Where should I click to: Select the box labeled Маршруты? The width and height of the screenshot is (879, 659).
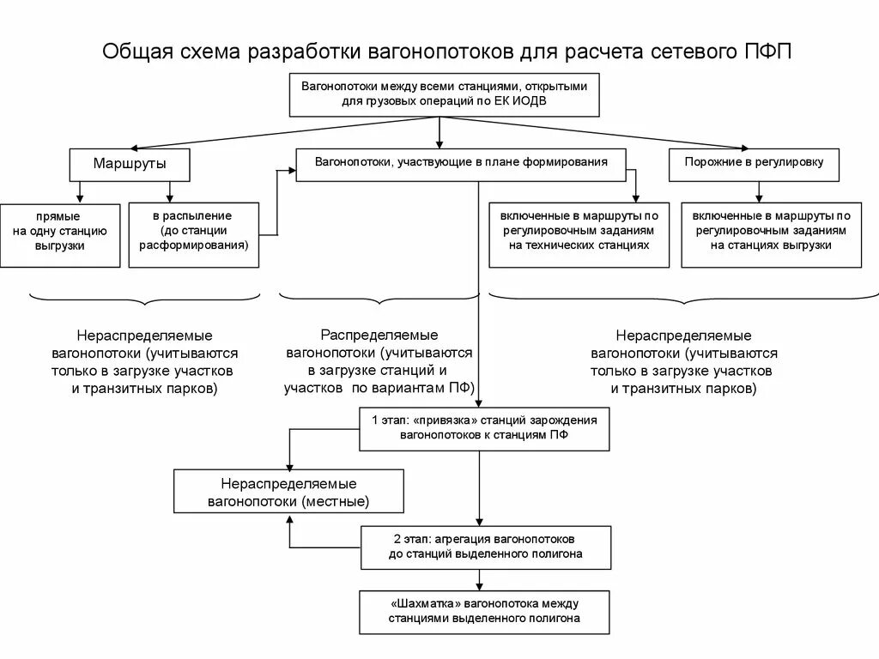pos(130,163)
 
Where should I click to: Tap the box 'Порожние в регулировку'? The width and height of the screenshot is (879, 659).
pos(754,163)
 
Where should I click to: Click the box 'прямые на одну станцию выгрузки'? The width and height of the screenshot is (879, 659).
pos(59,233)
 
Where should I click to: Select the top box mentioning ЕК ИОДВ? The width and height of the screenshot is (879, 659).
pos(444,94)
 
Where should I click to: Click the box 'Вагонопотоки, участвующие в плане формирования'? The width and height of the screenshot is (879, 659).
pos(461,163)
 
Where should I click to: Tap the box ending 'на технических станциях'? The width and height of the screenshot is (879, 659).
pos(579,233)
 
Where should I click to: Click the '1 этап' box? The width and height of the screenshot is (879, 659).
pos(485,429)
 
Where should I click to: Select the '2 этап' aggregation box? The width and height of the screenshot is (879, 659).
pos(485,547)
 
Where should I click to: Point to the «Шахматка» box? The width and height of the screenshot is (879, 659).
pos(485,612)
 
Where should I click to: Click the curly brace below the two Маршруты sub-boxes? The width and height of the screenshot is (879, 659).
pos(144,299)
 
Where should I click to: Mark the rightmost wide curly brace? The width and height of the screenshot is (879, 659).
pos(683,299)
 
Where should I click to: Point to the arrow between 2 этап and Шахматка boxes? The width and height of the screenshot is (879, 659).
pos(478,580)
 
